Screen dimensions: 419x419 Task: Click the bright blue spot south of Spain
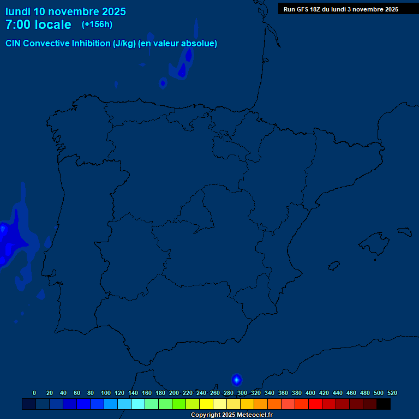(236, 380)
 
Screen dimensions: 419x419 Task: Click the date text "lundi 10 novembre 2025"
(65, 11)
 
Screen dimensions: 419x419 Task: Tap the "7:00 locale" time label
(38, 25)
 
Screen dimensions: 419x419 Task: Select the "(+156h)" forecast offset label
(97, 24)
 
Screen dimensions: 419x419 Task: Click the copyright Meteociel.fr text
(231, 415)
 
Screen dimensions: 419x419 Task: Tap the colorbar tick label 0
(34, 393)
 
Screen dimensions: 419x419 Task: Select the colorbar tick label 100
(106, 393)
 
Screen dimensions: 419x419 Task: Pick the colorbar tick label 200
(174, 393)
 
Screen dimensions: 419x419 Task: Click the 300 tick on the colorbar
(242, 393)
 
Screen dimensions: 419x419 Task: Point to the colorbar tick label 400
(310, 393)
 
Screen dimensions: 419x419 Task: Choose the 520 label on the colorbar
(392, 393)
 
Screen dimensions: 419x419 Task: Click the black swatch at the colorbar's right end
(384, 404)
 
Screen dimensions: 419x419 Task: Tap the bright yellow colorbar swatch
(206, 404)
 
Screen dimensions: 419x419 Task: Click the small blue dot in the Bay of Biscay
(163, 83)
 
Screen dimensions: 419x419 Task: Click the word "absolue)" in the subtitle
(199, 44)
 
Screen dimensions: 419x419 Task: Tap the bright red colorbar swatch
(315, 404)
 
